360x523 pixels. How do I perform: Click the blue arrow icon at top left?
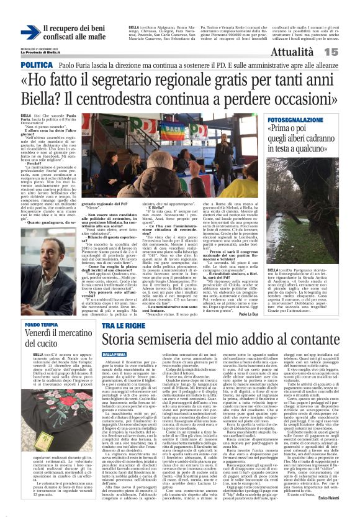coord(30,32)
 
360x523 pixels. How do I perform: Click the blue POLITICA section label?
coord(37,65)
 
